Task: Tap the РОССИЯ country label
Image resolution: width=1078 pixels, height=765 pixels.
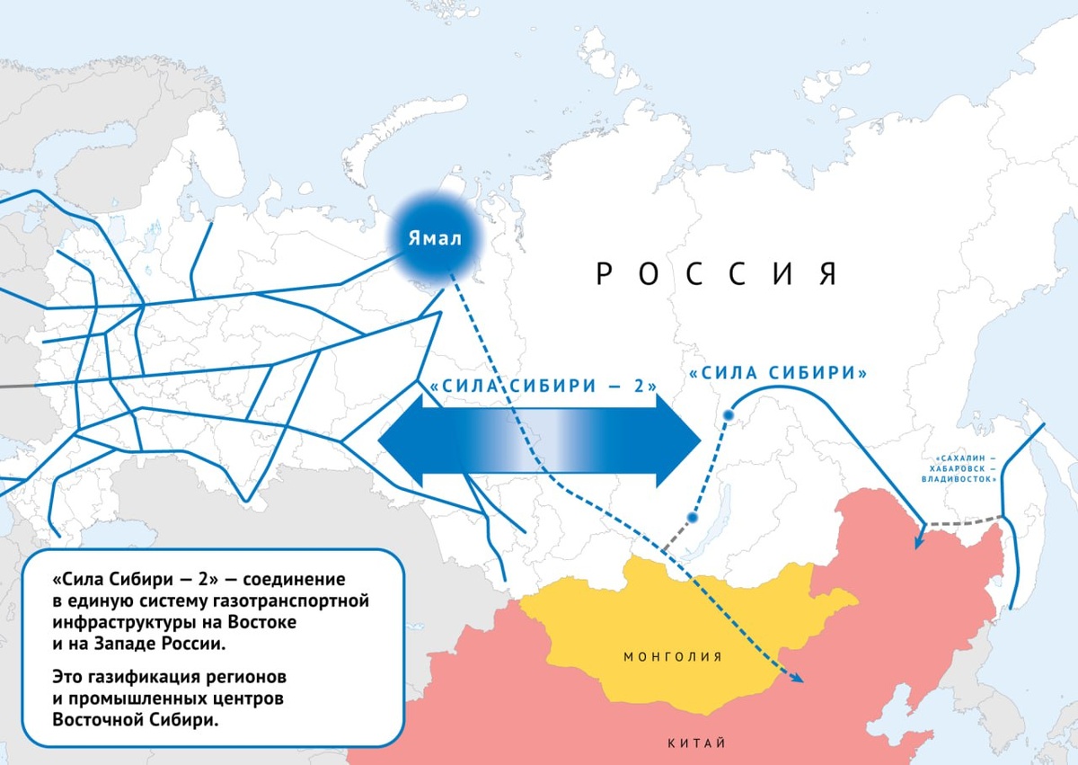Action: (716, 273)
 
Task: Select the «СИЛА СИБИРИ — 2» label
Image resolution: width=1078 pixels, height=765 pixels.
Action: (543, 386)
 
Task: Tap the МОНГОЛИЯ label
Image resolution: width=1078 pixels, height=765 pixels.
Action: (673, 657)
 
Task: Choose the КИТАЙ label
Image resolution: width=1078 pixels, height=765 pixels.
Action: (696, 743)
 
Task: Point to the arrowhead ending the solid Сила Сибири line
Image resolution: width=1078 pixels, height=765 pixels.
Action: (917, 541)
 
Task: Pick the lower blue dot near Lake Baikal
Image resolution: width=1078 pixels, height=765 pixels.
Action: (692, 517)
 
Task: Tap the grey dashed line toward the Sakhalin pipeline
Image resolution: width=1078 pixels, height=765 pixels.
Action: (963, 520)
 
